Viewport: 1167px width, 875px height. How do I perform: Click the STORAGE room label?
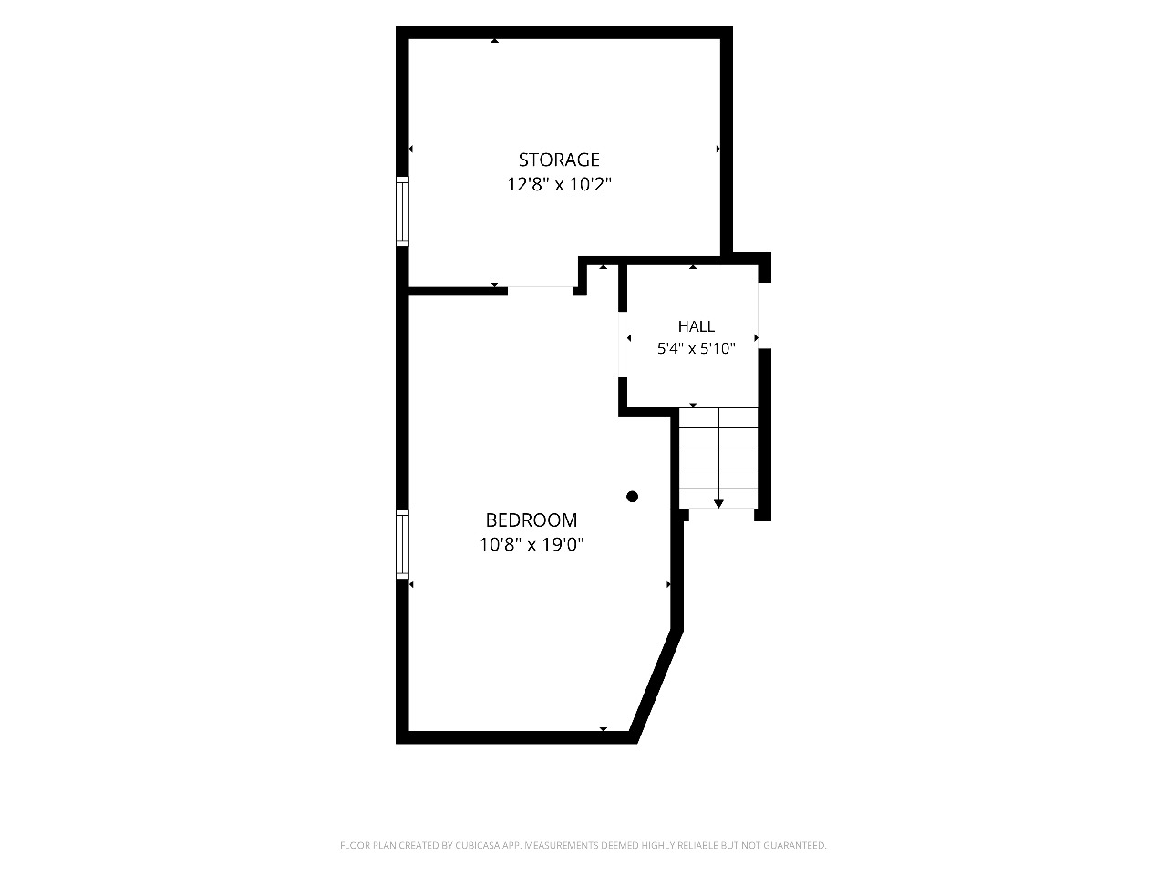[x=559, y=160]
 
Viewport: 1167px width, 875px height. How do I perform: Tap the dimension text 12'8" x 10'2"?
[x=559, y=184]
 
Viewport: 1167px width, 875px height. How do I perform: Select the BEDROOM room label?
[x=532, y=520]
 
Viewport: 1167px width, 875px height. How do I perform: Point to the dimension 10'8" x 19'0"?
[x=532, y=544]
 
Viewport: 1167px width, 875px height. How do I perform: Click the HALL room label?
[x=696, y=326]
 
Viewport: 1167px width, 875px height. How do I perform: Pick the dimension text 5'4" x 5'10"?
[x=696, y=348]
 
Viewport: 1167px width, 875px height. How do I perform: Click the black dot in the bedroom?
[x=632, y=497]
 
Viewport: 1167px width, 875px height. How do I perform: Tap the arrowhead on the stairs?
[x=718, y=504]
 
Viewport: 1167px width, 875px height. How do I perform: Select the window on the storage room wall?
[x=402, y=211]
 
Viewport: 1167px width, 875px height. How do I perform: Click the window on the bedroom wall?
[x=402, y=544]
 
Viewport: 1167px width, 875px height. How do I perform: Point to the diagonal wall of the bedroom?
[x=656, y=685]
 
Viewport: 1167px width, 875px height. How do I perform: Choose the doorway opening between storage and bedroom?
[x=540, y=291]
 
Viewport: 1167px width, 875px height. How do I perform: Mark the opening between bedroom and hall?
[x=623, y=345]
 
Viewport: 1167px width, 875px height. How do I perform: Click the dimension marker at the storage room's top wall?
[x=494, y=40]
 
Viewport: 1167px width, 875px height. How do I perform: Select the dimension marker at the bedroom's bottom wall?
[x=603, y=729]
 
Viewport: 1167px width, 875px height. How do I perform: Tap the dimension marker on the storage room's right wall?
[x=718, y=149]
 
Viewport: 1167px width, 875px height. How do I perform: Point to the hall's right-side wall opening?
[x=765, y=315]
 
